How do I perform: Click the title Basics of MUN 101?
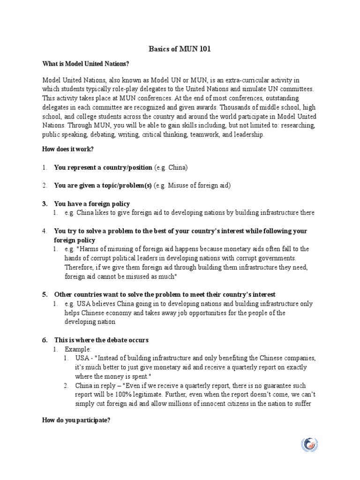pos(180,48)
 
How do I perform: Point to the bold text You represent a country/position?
pos(103,167)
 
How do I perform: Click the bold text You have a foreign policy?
pos(92,204)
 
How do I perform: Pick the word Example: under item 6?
pos(78,349)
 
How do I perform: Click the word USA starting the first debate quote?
pos(82,359)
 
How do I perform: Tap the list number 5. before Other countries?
pos(45,294)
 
